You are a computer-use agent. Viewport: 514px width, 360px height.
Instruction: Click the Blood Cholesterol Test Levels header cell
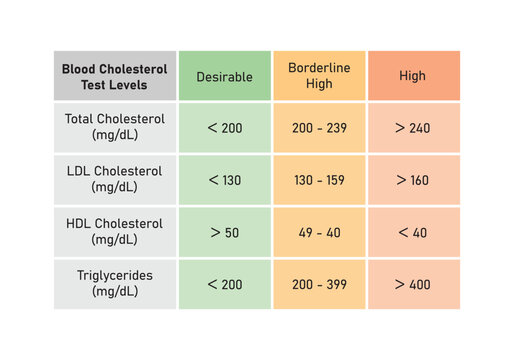[x=115, y=76]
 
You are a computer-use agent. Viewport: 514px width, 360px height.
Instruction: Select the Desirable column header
[x=224, y=76]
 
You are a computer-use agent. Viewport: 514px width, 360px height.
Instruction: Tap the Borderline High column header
[x=319, y=76]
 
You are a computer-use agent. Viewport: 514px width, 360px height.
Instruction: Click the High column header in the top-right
[x=413, y=76]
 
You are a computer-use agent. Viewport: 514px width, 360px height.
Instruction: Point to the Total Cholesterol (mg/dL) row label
[x=115, y=127]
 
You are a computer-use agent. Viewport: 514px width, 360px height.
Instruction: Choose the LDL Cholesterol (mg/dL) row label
[x=115, y=179]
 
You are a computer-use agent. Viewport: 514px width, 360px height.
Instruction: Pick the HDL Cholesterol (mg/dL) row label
[x=115, y=231]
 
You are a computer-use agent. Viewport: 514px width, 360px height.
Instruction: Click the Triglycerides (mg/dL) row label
[x=115, y=284]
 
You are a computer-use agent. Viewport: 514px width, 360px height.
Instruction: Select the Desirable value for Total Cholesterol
[x=224, y=128]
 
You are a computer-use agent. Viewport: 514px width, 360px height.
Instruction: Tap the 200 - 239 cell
[x=319, y=128]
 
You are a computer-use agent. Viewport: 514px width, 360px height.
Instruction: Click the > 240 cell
[x=413, y=128]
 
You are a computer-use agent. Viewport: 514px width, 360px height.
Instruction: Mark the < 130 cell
[x=224, y=180]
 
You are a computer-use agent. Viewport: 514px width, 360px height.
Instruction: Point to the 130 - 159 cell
[x=319, y=180]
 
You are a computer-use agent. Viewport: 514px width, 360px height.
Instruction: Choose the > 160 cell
[x=413, y=180]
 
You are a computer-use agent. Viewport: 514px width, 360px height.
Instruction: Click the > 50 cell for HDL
[x=224, y=232]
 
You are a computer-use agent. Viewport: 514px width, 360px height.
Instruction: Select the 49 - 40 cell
[x=319, y=232]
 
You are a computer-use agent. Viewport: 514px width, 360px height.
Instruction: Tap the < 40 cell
[x=413, y=232]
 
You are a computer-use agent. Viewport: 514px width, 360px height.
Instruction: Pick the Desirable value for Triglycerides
[x=224, y=284]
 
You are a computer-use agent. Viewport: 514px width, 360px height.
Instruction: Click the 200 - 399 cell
[x=319, y=284]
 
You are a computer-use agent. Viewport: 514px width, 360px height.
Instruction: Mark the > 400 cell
[x=413, y=284]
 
